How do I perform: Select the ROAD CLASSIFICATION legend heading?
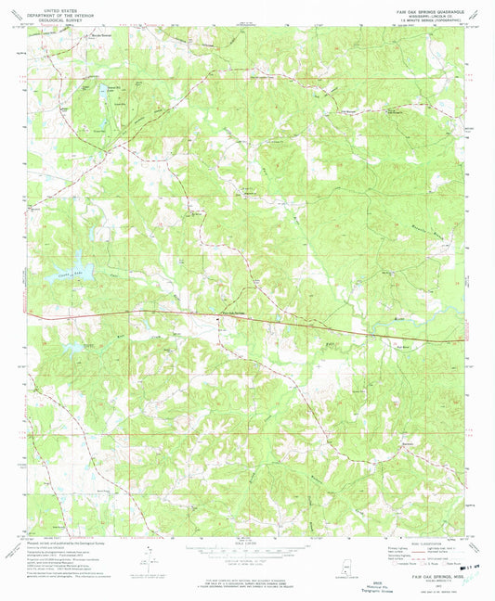pyautogui.click(x=417, y=543)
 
